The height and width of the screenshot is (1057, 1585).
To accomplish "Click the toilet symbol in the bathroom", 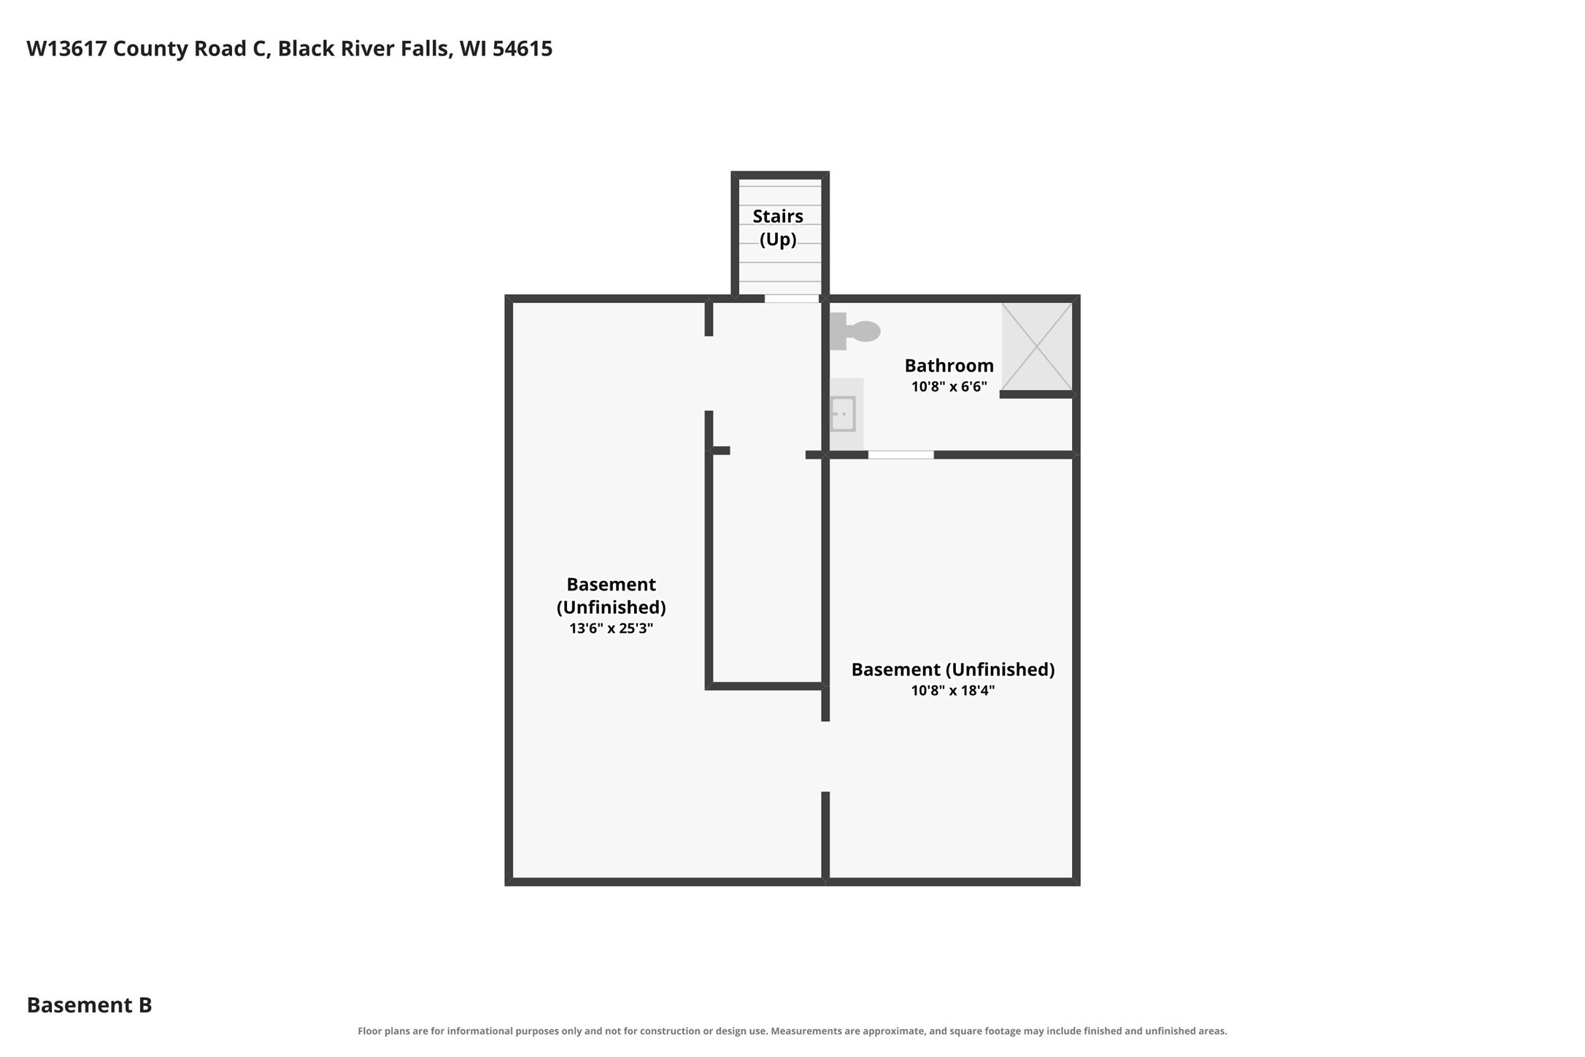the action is tap(855, 331).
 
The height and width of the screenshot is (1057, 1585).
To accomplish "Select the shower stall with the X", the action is tap(1036, 347).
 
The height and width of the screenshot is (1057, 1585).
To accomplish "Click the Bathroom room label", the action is tap(949, 366).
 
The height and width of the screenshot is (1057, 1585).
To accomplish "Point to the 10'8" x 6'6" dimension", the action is tap(949, 387).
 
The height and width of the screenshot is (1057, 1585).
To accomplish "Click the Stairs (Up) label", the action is tap(778, 228).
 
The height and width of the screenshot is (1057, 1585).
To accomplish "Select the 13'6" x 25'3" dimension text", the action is tap(611, 629).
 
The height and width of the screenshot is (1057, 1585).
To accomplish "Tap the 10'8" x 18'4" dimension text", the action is tap(952, 691).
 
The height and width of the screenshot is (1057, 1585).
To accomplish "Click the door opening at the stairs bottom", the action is tap(792, 299).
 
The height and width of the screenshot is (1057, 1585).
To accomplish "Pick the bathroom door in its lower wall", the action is tap(901, 455).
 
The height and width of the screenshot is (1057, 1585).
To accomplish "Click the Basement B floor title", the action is tap(89, 1005).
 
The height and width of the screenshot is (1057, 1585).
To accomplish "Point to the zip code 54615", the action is tap(522, 49).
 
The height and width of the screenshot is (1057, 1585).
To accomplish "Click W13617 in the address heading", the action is tap(66, 49).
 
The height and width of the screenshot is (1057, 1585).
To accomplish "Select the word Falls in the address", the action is tap(426, 49).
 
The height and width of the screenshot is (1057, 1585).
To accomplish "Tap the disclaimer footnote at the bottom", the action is tap(792, 1031).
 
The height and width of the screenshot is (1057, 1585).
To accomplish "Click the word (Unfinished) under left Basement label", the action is tap(611, 607).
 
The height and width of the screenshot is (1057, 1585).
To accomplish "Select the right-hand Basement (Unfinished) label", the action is tap(952, 669).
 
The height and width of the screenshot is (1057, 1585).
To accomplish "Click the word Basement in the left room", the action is tap(611, 585).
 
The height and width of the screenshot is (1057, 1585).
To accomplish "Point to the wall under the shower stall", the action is tap(1036, 395).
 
